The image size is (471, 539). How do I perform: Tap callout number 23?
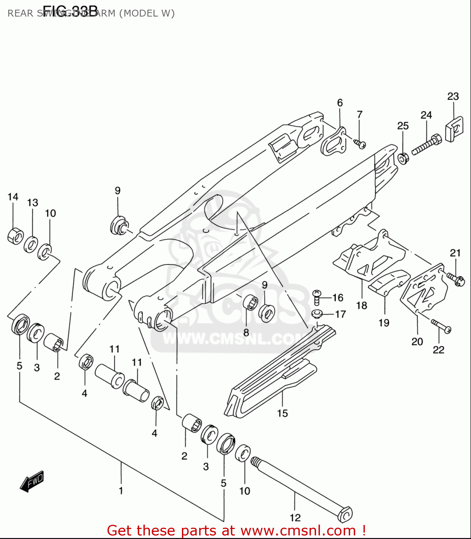click(453, 96)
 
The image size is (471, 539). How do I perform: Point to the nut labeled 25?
click(403, 158)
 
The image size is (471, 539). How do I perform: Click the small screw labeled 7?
click(360, 144)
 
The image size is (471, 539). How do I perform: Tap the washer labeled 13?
click(31, 245)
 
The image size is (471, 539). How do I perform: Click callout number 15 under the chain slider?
click(282, 413)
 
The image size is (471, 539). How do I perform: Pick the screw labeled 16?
click(316, 297)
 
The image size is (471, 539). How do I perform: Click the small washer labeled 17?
click(316, 314)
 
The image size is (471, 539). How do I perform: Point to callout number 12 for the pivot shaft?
click(295, 517)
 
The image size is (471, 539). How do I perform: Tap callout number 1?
click(121, 490)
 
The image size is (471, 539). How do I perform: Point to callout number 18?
click(361, 305)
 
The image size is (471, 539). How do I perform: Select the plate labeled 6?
click(333, 142)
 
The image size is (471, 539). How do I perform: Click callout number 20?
click(417, 341)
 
